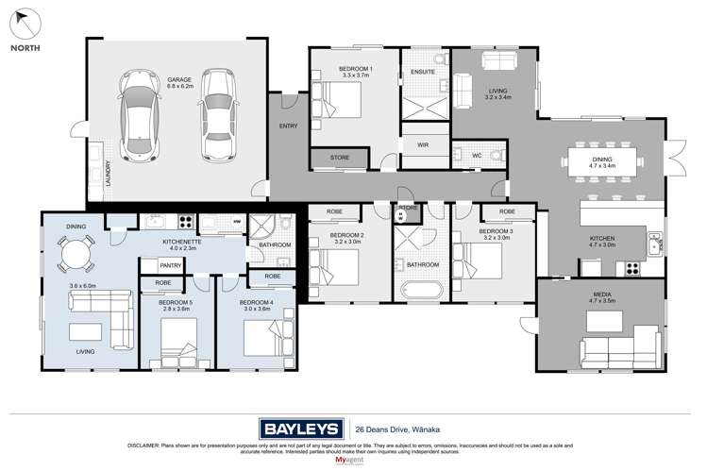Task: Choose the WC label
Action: coord(478,157)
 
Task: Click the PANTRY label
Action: coord(171,266)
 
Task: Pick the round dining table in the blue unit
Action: coord(77,253)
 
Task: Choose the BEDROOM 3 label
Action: coord(496,231)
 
